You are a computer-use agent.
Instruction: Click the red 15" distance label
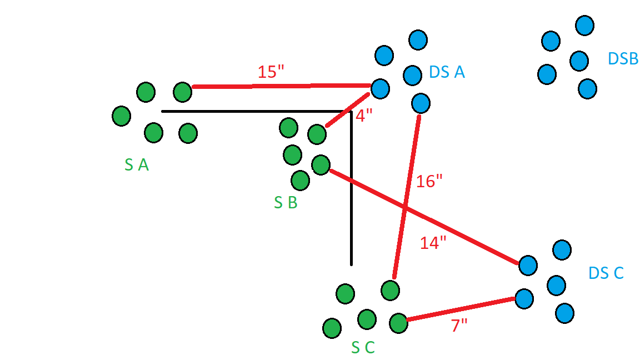click(271, 72)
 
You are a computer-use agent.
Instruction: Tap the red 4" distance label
click(364, 116)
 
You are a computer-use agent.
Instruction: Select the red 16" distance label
click(429, 181)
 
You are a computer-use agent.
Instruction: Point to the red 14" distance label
click(433, 243)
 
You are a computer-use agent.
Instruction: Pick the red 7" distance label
click(459, 326)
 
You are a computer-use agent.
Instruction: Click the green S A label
click(136, 165)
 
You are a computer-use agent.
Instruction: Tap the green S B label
click(286, 202)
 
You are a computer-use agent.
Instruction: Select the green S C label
click(363, 347)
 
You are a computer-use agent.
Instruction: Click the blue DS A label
click(447, 72)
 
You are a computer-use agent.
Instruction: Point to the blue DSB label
click(623, 59)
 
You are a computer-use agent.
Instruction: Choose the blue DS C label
click(606, 273)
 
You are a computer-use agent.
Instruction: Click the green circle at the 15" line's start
click(182, 92)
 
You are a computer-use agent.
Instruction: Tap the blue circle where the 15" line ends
click(380, 88)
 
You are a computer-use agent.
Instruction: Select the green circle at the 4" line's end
click(317, 134)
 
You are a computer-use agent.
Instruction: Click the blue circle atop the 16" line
click(421, 103)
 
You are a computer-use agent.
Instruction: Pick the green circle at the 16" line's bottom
click(390, 291)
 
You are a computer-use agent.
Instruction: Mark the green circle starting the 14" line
click(321, 165)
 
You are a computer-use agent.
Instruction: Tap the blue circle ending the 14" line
click(528, 266)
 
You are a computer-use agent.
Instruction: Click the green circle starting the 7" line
click(398, 323)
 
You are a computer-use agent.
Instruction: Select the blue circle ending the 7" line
click(524, 299)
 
